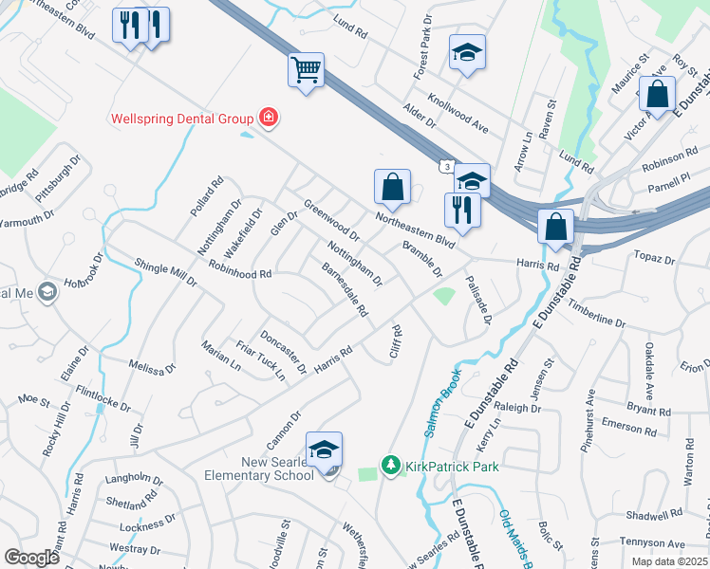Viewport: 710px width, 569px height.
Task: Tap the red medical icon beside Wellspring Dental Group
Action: coord(269,118)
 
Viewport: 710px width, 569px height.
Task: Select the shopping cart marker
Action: coord(307,71)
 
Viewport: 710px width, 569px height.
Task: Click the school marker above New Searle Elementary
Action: coord(324,450)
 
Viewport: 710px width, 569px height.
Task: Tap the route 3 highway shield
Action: coord(446,167)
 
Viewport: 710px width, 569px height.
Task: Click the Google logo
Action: coord(31,558)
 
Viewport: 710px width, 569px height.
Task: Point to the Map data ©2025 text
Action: coord(669,561)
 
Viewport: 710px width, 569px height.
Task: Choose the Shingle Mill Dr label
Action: coord(165,273)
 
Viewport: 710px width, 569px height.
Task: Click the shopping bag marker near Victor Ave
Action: coord(657,95)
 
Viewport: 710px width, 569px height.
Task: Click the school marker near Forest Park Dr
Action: coord(467,53)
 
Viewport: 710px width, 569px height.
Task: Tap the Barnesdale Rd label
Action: coord(345,289)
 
